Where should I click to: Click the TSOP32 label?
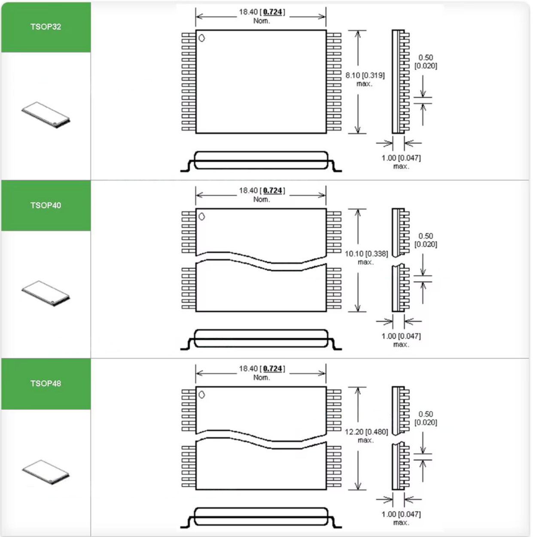(46, 27)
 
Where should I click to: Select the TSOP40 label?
(46, 205)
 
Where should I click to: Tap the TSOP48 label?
(46, 383)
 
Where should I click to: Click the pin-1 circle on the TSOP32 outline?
(202, 38)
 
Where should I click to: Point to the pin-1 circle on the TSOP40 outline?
(202, 216)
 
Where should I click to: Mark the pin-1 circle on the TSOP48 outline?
(202, 394)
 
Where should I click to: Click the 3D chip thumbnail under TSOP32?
(46, 115)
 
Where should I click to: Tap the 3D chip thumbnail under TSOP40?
(46, 294)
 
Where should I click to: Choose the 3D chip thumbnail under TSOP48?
(46, 472)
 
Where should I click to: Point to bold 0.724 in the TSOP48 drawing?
(272, 369)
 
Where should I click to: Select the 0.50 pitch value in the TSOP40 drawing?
(426, 236)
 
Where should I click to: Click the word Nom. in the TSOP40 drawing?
(262, 200)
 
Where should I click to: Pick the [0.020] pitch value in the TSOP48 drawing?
(426, 422)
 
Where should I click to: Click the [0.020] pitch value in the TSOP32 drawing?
(426, 66)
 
